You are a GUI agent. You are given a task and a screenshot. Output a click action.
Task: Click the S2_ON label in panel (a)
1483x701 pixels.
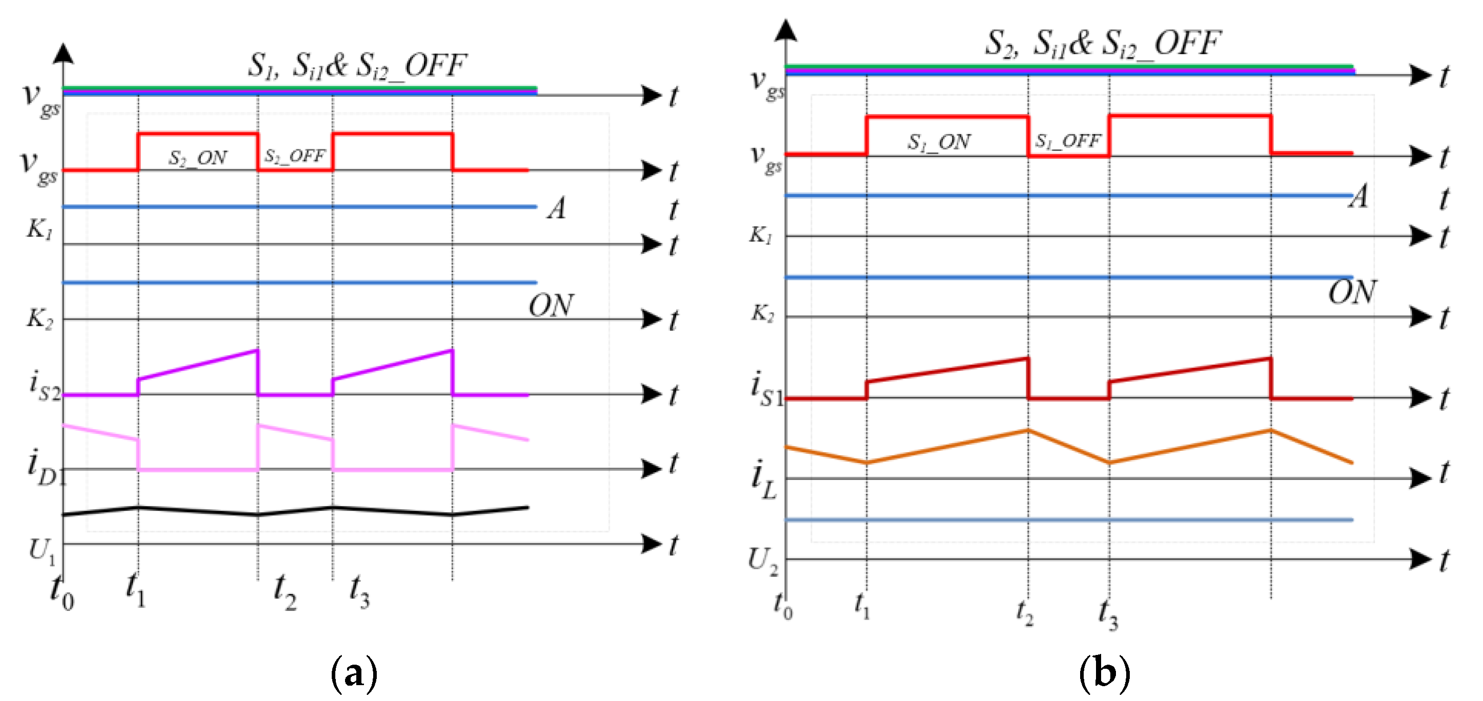(x=198, y=158)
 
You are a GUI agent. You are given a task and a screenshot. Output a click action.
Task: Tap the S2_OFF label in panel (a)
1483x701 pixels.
(x=295, y=156)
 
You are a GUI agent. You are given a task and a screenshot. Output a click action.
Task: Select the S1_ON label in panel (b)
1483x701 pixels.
(x=939, y=142)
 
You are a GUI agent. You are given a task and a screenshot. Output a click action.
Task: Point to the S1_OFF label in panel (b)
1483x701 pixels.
(x=1068, y=140)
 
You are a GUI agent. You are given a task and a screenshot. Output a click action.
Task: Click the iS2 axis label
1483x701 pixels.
(x=45, y=386)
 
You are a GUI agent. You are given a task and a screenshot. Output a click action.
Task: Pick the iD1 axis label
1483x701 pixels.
(x=46, y=466)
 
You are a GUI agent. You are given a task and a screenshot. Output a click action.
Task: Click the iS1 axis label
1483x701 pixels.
(x=767, y=389)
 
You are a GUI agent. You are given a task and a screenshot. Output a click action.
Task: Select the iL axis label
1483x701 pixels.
(x=763, y=479)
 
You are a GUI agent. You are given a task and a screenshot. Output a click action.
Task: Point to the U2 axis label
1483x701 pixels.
(x=763, y=561)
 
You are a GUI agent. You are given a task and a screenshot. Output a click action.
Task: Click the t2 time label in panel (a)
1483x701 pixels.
(x=285, y=593)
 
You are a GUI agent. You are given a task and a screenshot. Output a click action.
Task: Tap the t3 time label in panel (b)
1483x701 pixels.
(x=1108, y=615)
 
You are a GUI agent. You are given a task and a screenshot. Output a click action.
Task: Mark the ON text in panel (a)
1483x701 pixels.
(x=550, y=305)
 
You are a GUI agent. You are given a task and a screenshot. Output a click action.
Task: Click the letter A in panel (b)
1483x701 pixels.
(x=1360, y=197)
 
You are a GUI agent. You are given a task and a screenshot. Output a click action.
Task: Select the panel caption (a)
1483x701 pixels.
(x=354, y=672)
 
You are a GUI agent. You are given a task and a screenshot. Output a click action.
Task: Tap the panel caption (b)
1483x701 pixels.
(x=1104, y=672)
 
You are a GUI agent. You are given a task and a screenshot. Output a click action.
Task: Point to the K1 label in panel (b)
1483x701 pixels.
(x=761, y=235)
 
